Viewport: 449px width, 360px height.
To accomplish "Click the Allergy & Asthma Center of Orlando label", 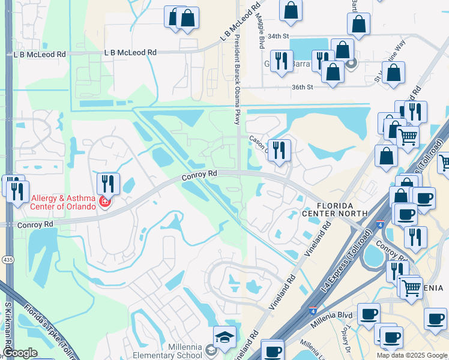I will tap(63, 202).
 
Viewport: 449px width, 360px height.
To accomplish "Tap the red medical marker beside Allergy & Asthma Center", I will tap(105, 202).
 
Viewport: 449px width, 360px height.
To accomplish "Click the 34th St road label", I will tap(278, 37).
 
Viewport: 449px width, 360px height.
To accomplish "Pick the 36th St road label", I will tap(303, 87).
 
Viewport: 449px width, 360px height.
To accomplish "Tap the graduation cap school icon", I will tap(224, 337).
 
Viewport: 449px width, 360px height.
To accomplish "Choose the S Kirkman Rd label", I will tap(8, 329).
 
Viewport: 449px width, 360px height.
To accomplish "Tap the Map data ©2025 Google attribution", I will tap(411, 355).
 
